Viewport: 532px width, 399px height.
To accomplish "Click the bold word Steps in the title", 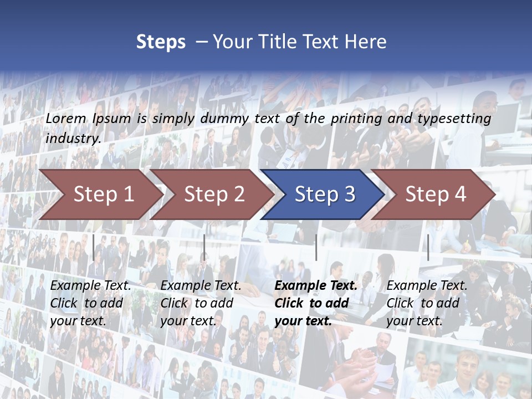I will pyautogui.click(x=161, y=42).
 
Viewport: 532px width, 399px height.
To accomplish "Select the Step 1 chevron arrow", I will pyautogui.click(x=103, y=194).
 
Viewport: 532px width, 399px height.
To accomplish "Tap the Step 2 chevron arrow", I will pyautogui.click(x=214, y=194).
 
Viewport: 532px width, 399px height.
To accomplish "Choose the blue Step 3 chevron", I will pyautogui.click(x=325, y=194).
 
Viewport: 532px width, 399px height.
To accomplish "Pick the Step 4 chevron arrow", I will pyautogui.click(x=436, y=194).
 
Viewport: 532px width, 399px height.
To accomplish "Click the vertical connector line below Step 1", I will pyautogui.click(x=94, y=247).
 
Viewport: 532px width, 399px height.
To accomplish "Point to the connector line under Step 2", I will pyautogui.click(x=204, y=247).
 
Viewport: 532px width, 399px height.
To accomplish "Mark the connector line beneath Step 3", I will pyautogui.click(x=316, y=247).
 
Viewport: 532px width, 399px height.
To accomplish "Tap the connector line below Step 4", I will pyautogui.click(x=428, y=247).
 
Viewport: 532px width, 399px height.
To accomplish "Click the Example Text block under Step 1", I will pyautogui.click(x=90, y=303).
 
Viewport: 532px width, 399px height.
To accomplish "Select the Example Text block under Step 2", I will pyautogui.click(x=201, y=303).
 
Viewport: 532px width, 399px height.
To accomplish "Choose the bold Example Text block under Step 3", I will pyautogui.click(x=316, y=303).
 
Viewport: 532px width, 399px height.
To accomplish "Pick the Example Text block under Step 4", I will pyautogui.click(x=427, y=303).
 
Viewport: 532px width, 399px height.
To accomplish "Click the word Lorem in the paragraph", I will pyautogui.click(x=66, y=118).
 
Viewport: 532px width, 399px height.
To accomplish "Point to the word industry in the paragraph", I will pyautogui.click(x=73, y=139).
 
